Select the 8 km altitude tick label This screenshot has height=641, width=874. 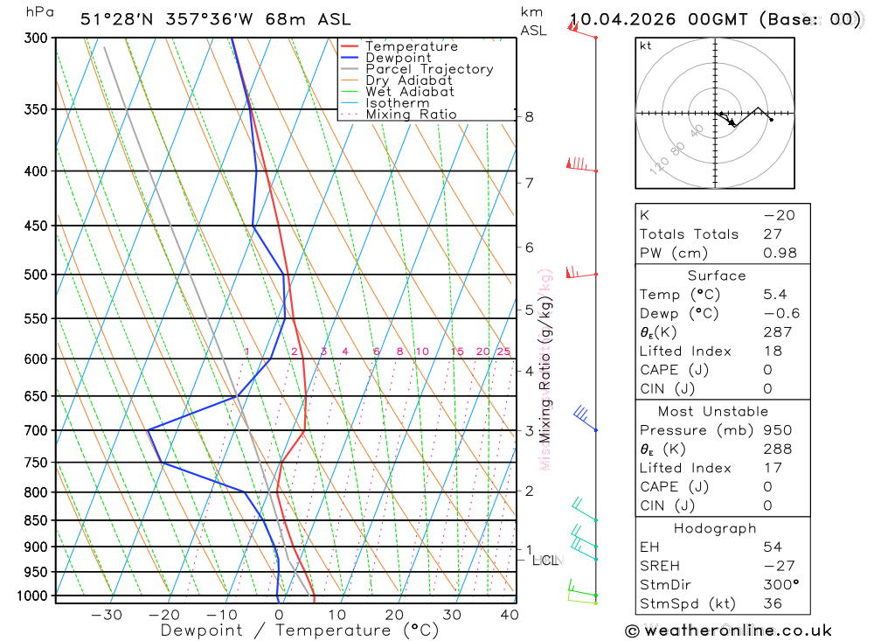tap(529, 116)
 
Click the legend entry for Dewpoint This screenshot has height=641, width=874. tap(399, 58)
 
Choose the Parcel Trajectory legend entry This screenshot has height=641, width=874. tap(429, 69)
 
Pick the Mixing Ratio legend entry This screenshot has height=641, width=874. tap(411, 115)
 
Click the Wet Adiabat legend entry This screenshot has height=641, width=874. tap(410, 92)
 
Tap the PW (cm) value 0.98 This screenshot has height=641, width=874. tap(780, 253)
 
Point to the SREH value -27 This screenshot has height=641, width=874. tap(775, 566)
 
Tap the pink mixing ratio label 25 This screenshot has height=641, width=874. tap(503, 352)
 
